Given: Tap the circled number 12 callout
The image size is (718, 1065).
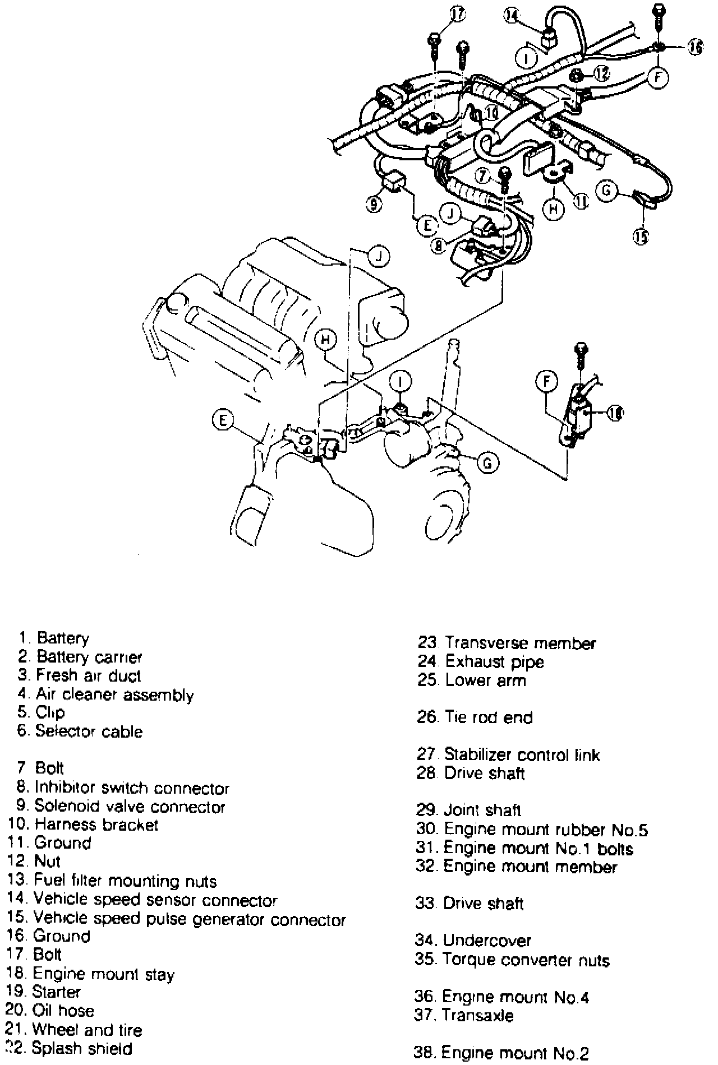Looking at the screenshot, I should point(601,73).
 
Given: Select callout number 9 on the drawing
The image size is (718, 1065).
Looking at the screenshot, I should point(374,205).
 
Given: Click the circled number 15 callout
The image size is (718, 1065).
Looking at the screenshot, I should point(641,237).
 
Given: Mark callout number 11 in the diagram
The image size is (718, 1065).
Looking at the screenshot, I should point(579,200).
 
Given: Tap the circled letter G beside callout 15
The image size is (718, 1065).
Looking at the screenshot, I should point(606,191).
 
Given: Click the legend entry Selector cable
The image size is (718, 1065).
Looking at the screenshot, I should point(89,731).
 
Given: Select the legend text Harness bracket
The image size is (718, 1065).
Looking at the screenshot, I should point(96,825).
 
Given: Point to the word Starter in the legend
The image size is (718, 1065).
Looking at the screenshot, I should point(56,992).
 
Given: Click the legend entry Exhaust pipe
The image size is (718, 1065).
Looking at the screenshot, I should point(494,662).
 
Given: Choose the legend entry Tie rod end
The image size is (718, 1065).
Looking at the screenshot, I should point(489,717).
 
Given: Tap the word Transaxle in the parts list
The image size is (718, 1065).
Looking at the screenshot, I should point(477,1015).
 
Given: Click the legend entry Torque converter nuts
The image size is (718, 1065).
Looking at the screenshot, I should point(526,960).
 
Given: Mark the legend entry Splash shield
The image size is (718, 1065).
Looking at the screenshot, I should point(82,1048).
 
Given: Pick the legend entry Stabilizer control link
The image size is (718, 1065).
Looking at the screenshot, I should point(522,754).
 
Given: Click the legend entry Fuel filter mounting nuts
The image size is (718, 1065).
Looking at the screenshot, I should point(125,881).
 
